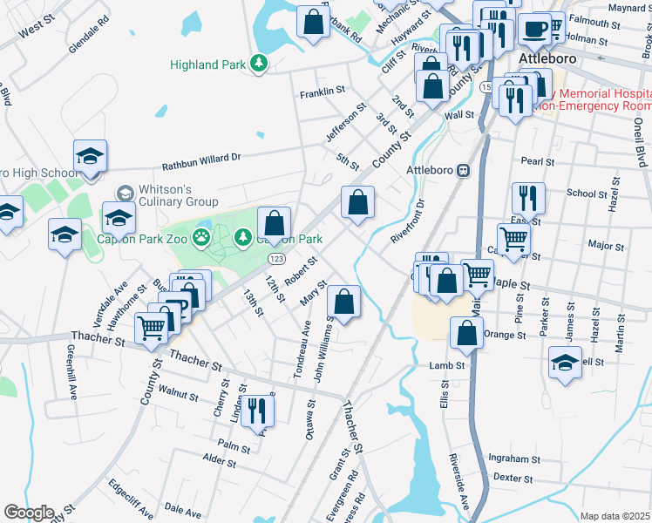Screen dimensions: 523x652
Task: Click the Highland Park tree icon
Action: [258, 63]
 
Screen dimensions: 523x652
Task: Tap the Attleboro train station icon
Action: [464, 170]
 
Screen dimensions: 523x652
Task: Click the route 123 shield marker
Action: [276, 260]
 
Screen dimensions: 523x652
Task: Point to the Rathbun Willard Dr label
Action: [200, 162]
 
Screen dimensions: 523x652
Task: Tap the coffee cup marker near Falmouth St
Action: [533, 29]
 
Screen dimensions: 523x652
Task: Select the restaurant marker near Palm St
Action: [256, 411]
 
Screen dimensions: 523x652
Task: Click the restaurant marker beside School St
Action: [528, 199]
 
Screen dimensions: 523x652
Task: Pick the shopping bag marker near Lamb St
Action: [467, 334]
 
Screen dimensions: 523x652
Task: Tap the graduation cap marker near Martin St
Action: [566, 363]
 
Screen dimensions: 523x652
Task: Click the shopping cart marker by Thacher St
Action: [152, 329]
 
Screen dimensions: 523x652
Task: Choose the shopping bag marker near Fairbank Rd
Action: [313, 23]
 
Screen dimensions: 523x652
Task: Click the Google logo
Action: [28, 513]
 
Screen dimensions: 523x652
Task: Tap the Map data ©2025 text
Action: [615, 516]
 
